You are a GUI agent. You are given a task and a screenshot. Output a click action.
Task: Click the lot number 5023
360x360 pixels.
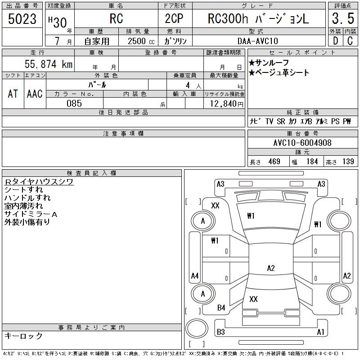22,19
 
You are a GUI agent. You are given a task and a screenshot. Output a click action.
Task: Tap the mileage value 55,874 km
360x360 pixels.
49,64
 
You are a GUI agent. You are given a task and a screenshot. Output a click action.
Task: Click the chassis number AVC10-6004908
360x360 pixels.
302,143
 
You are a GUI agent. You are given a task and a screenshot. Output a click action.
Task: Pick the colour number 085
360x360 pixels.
74,103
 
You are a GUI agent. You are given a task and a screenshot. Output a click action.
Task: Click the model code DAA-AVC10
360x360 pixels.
258,41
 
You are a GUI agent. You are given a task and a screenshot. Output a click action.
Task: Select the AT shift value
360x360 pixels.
13,94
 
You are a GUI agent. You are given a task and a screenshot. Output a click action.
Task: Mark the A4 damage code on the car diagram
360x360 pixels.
195,276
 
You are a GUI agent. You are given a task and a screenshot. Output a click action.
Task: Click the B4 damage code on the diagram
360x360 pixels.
221,308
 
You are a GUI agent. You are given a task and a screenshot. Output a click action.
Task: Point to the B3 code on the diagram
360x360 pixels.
220,332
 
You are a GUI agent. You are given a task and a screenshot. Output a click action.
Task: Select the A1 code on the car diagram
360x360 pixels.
320,332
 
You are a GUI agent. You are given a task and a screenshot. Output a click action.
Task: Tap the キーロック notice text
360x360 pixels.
23,336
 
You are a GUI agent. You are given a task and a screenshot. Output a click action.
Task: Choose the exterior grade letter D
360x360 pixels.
335,41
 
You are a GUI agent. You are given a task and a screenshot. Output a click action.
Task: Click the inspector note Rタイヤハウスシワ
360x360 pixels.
39,182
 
